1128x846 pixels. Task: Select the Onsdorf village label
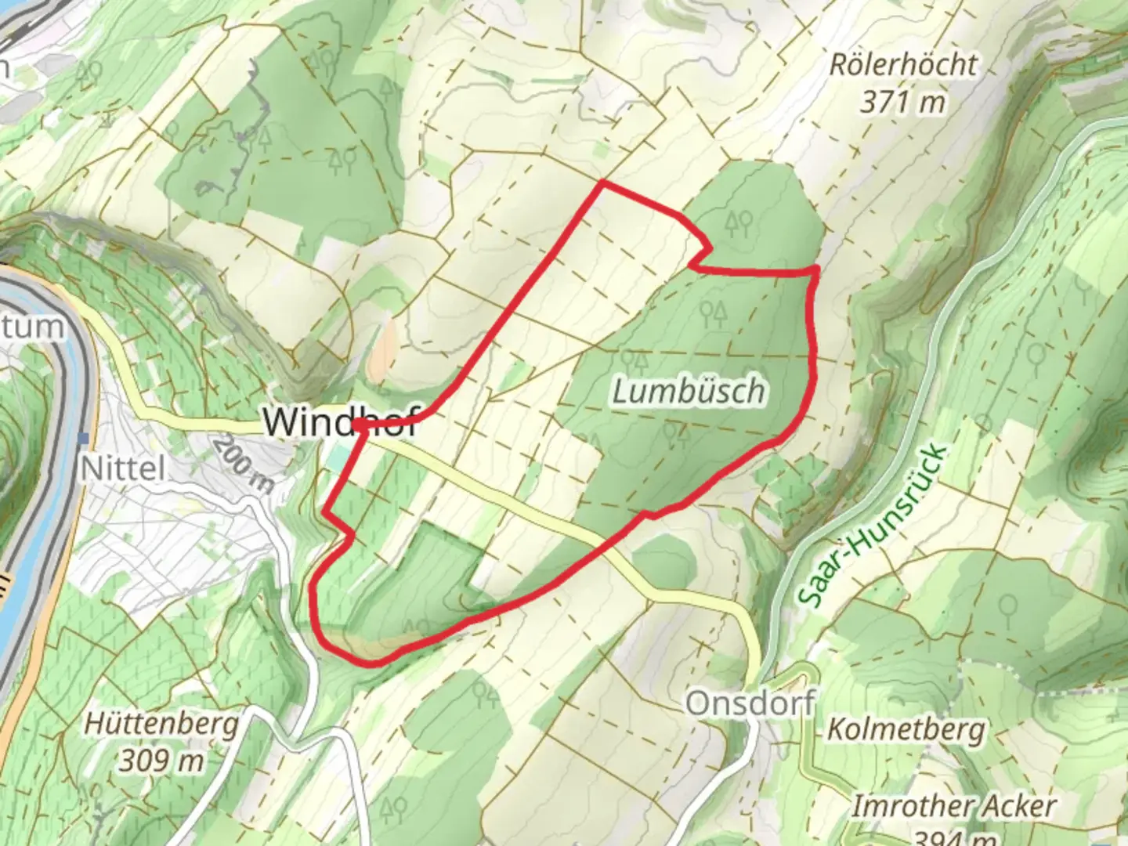(x=750, y=703)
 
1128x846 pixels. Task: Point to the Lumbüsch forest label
(x=689, y=391)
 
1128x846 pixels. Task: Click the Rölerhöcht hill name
(x=903, y=64)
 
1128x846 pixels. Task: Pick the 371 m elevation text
(x=903, y=101)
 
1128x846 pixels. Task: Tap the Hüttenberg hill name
(x=164, y=724)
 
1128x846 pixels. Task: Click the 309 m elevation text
(x=164, y=760)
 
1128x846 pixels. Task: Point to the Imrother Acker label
(x=954, y=806)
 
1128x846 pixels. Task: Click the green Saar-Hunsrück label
(x=874, y=526)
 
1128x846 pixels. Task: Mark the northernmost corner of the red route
(x=601, y=183)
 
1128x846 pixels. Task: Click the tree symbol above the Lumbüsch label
(x=714, y=314)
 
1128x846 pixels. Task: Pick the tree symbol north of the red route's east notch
(x=738, y=225)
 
